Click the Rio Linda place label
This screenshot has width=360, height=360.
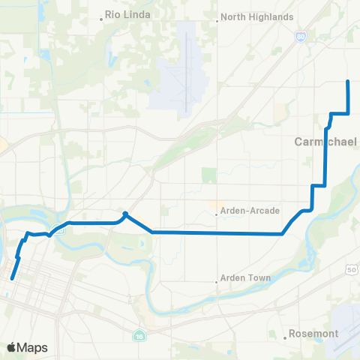pyautogui.click(x=128, y=14)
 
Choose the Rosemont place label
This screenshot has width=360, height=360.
pyautogui.click(x=314, y=333)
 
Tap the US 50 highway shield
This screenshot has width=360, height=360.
pyautogui.click(x=352, y=268)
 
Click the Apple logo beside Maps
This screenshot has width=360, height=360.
pyautogui.click(x=12, y=347)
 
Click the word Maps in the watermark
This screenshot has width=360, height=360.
pyautogui.click(x=33, y=347)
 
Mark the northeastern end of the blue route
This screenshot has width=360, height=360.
pyautogui.click(x=348, y=81)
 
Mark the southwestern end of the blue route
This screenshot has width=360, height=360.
pyautogui.click(x=12, y=279)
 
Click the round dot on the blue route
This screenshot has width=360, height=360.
pyautogui.click(x=125, y=214)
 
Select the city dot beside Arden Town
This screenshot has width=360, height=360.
pyautogui.click(x=217, y=282)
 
